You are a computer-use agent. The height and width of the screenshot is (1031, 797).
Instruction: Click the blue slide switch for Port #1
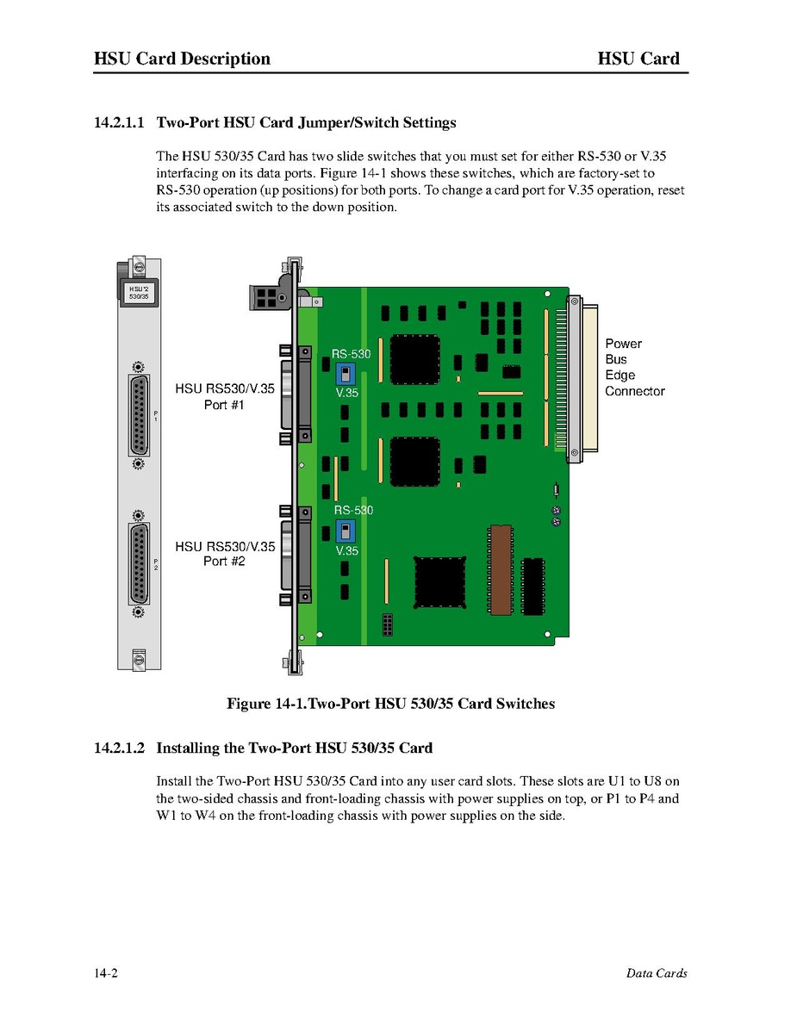pos(345,376)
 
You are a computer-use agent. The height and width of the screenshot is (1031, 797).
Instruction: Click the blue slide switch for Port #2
pos(345,531)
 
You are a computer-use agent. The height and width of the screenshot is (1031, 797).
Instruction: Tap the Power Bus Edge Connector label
pos(634,368)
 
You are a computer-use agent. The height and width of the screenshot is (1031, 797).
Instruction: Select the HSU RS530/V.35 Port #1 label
pos(225,396)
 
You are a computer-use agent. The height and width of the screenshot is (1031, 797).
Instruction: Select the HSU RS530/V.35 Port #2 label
pos(225,553)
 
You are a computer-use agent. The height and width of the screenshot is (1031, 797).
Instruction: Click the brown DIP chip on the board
pos(501,569)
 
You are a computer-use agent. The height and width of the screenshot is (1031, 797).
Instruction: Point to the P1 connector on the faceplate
pos(138,415)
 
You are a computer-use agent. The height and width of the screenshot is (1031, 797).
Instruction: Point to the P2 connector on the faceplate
pos(138,564)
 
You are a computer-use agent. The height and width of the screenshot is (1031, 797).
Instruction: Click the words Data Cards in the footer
pos(657,973)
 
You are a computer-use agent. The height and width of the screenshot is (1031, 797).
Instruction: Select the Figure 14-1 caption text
pos(390,704)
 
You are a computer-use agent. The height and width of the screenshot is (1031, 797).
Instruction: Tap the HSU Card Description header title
pos(182,59)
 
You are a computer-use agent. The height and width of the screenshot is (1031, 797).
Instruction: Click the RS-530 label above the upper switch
pos(352,354)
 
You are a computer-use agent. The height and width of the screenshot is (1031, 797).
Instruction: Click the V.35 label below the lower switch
pos(347,551)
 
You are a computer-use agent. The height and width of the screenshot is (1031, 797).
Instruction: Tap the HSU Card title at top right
pos(638,59)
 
